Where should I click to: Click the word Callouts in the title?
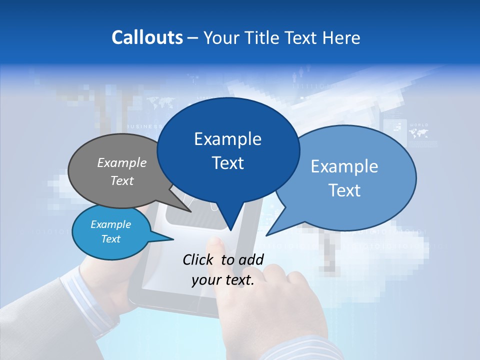pyautogui.click(x=147, y=37)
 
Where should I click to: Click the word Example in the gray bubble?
pyautogui.click(x=122, y=162)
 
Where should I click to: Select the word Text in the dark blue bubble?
pyautogui.click(x=228, y=163)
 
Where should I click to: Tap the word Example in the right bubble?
pyautogui.click(x=344, y=166)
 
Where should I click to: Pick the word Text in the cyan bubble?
pyautogui.click(x=111, y=239)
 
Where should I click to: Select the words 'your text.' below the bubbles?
pyautogui.click(x=223, y=280)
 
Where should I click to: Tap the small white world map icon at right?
pyautogui.click(x=418, y=133)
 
